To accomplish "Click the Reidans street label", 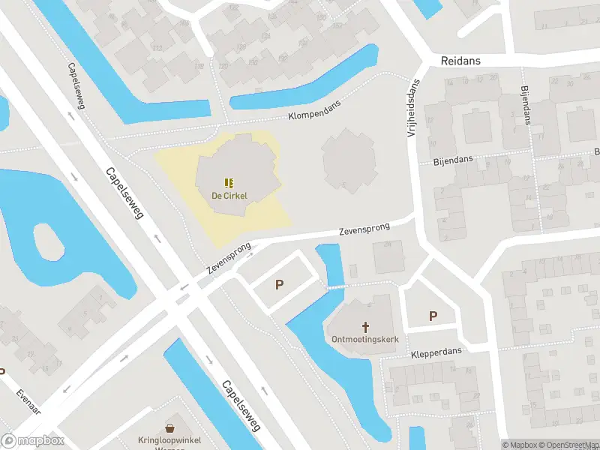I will pos(460,61).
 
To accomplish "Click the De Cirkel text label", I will pos(229,196).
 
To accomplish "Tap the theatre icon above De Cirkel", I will pos(229,182).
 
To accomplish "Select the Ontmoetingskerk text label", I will pos(365,339).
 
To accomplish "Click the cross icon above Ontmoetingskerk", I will pos(366,326).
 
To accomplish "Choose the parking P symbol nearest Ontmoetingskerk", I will pos(433,316).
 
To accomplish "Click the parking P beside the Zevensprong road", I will pos(280,284).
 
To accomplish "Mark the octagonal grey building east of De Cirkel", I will pos(348,160).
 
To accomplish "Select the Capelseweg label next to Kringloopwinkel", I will pos(241,405).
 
